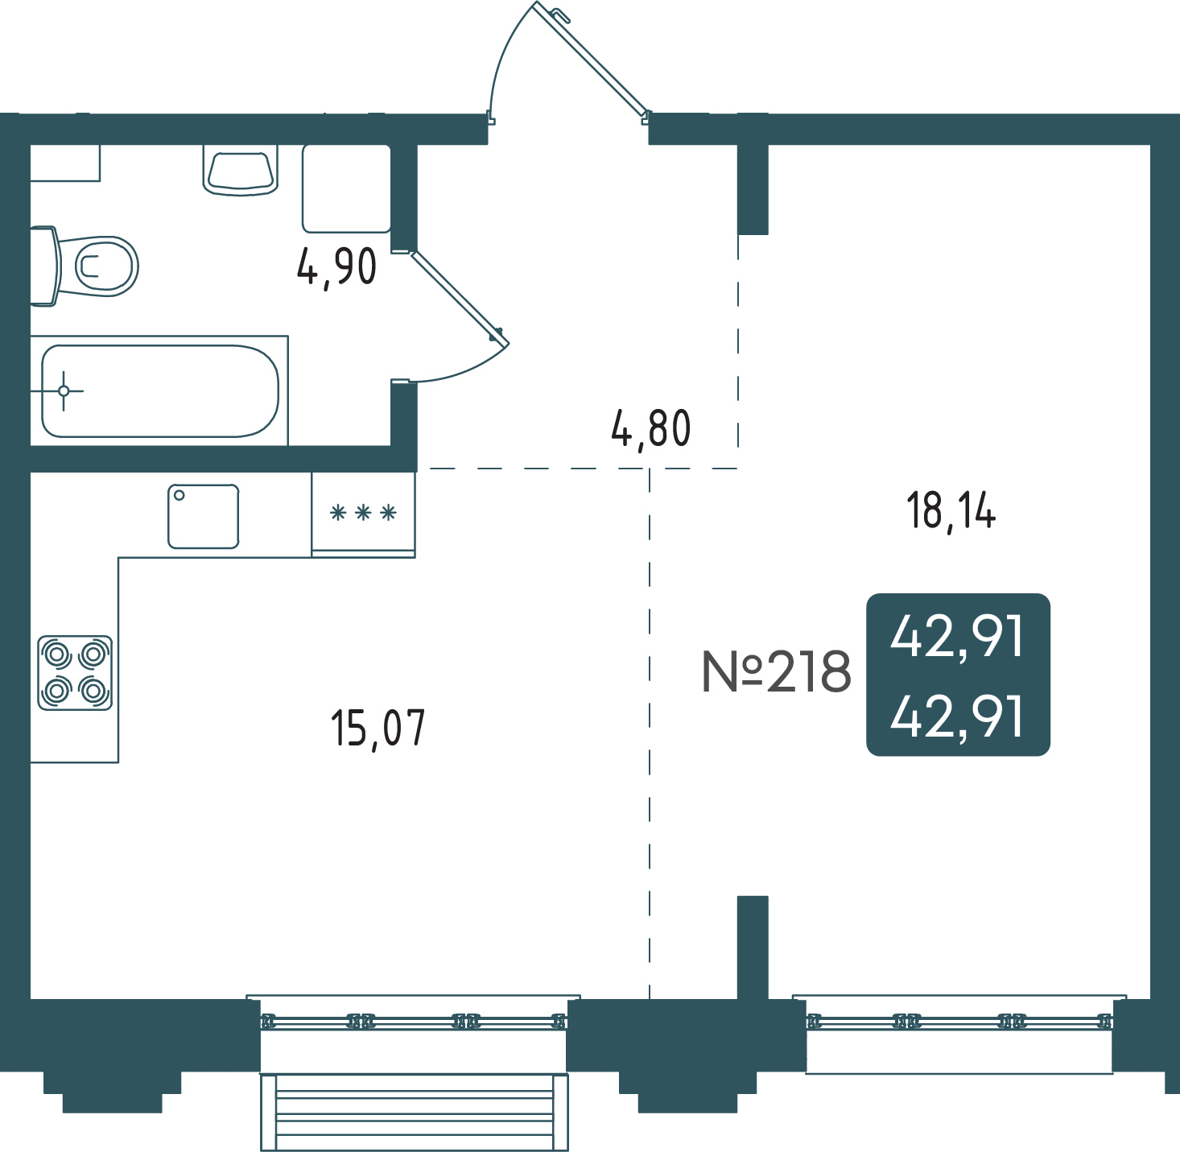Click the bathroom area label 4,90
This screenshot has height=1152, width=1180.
click(337, 267)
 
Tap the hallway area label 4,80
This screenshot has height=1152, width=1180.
click(650, 428)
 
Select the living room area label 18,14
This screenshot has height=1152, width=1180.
click(951, 510)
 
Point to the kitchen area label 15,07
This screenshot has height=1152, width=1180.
click(378, 729)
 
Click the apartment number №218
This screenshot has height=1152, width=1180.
click(776, 671)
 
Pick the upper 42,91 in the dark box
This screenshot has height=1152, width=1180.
click(958, 636)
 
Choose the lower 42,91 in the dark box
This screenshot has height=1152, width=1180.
click(958, 716)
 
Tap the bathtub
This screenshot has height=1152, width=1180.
click(160, 391)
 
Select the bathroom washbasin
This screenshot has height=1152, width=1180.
click(241, 171)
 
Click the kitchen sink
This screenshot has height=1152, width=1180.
click(203, 517)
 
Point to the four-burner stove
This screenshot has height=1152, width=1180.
click(75, 673)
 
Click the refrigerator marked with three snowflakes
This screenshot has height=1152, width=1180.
click(363, 514)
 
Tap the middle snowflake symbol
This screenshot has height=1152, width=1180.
click(363, 514)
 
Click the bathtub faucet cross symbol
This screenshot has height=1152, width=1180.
click(64, 391)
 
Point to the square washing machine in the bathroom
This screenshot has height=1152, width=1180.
click(347, 188)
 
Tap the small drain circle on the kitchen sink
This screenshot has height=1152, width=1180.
click(179, 495)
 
